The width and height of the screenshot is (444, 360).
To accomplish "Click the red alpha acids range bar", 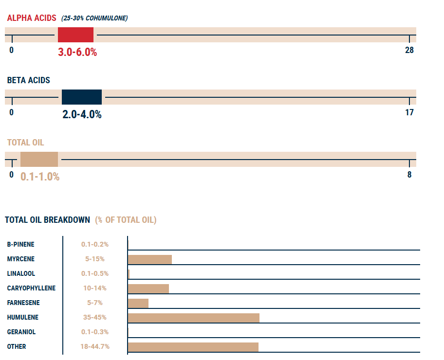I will [x=75, y=35].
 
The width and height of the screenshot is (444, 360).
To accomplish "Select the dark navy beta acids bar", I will [x=82, y=97].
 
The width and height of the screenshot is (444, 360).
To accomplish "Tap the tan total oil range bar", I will [x=39, y=160].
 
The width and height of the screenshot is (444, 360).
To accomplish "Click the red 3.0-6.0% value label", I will [x=77, y=53].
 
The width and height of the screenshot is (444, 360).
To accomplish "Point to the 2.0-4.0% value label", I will [x=82, y=115].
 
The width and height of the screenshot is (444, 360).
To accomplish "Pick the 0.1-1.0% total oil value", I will [x=40, y=177].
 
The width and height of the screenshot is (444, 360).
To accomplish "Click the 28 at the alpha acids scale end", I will [x=409, y=50].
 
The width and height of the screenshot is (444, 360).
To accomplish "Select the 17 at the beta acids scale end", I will [x=409, y=112].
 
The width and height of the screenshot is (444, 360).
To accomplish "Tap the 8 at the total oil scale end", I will [x=409, y=175].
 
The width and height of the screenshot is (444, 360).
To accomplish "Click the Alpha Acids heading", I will [x=32, y=18].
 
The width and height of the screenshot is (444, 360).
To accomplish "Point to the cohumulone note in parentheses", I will [x=94, y=18].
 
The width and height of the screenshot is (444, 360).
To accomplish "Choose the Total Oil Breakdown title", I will [x=47, y=220].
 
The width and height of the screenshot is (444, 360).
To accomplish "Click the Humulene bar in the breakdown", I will [x=193, y=318].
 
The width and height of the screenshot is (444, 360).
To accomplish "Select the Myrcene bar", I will [x=149, y=259].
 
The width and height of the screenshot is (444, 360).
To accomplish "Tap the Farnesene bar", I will [x=138, y=303].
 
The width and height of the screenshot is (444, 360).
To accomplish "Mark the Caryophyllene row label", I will [x=31, y=288].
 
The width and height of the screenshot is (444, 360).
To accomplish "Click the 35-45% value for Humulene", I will [x=95, y=317].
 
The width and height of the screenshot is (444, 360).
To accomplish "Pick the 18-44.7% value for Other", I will [x=95, y=346].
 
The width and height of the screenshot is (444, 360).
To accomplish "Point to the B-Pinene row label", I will [x=21, y=244].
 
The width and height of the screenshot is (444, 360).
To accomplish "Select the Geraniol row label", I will [x=21, y=332].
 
